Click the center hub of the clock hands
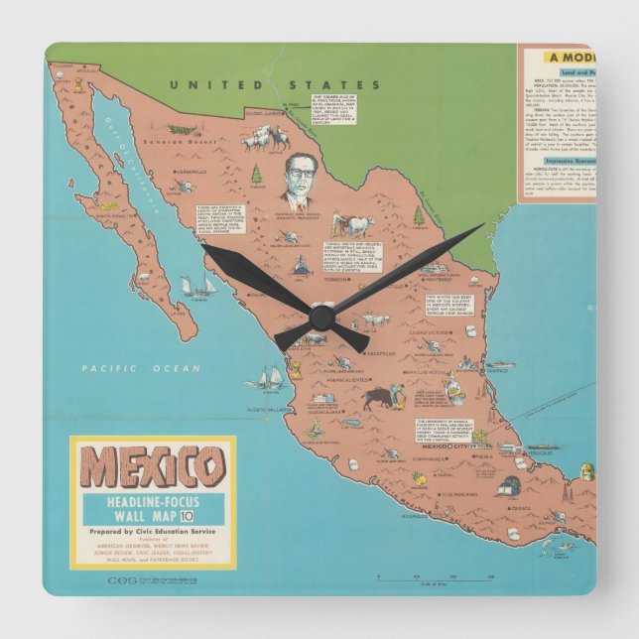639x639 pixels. (319, 317)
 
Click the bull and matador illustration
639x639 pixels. (382, 398)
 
